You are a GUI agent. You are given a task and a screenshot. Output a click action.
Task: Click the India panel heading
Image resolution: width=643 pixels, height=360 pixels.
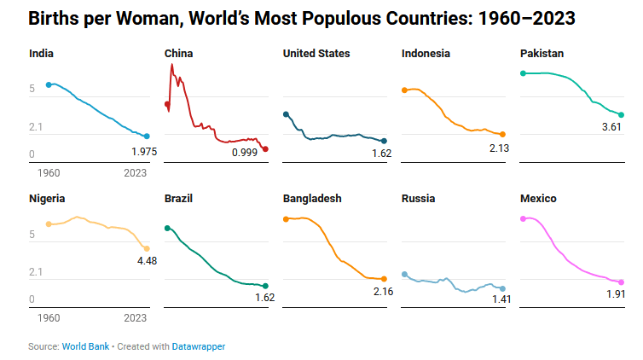tap(42, 53)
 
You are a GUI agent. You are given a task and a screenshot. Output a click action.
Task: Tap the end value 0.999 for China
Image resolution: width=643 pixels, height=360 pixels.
tap(245, 152)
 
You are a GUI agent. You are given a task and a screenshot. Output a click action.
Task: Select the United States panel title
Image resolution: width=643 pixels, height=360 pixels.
tap(316, 53)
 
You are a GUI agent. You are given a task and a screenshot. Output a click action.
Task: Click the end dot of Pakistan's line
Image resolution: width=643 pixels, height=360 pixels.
tap(622, 114)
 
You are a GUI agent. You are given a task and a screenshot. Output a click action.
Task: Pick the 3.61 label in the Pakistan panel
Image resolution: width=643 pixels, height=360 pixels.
tap(611, 127)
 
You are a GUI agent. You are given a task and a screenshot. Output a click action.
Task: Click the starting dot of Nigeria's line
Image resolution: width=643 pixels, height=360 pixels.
tap(49, 224)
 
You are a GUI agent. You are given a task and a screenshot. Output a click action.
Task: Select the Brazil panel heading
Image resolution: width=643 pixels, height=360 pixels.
tap(178, 198)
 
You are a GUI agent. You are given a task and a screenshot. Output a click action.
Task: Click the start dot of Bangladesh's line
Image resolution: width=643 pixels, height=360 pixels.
tap(286, 219)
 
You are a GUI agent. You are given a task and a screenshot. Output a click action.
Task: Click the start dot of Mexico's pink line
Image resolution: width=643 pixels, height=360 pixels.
tap(523, 219)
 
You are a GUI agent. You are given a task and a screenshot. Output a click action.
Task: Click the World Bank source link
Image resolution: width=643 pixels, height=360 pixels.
tap(85, 346)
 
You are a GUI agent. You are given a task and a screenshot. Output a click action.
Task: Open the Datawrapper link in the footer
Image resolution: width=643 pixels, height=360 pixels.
tap(199, 346)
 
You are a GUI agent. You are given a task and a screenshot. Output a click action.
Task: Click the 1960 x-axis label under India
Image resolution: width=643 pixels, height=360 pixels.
tap(49, 172)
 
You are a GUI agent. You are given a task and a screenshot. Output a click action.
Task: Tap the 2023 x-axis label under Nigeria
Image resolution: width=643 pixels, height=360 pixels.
tap(135, 317)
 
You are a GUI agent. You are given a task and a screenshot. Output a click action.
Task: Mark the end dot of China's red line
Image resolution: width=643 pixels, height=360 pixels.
tap(265, 149)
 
